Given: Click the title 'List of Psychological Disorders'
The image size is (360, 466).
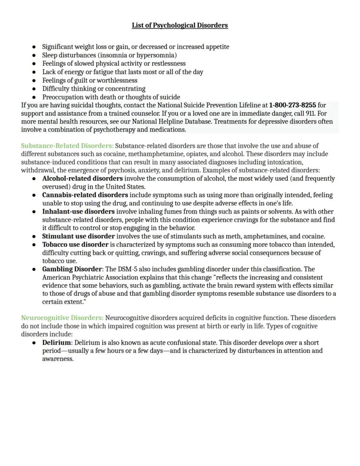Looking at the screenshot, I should tap(180, 25).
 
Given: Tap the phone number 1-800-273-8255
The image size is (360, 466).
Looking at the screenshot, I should tap(292, 105).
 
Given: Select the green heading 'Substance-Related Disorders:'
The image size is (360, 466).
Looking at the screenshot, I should tap(67, 146).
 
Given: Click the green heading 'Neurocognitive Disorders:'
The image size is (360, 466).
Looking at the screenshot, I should tap(62, 318).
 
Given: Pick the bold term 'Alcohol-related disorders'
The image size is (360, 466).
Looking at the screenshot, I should tap(82, 179).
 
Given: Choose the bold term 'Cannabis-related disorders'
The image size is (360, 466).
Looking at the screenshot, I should tap(85, 195).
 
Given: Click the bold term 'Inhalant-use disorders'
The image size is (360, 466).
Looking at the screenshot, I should tap(78, 211).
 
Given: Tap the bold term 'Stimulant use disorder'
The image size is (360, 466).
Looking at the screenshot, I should tap(78, 236).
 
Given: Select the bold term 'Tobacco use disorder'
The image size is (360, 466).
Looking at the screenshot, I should tap(75, 245).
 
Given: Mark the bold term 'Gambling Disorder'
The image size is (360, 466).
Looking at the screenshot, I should tap(72, 269).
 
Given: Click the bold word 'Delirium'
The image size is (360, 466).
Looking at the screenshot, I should tap(56, 343).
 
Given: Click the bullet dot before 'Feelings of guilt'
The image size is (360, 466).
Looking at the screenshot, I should tap(34, 80).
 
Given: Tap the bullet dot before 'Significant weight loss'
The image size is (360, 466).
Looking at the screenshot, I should tap(34, 47).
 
